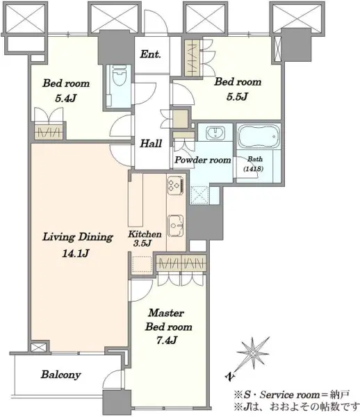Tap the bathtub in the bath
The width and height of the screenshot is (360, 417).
click(x=259, y=136)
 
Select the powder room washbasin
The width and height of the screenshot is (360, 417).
click(x=215, y=133)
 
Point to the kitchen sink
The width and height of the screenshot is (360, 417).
click(x=176, y=226)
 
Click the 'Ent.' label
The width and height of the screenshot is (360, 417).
click(x=151, y=54)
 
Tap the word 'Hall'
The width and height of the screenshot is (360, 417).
click(x=151, y=144)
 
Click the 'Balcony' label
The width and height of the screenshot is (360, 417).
click(x=61, y=375)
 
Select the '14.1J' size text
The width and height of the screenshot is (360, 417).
click(x=75, y=254)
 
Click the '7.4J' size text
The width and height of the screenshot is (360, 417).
click(x=167, y=341)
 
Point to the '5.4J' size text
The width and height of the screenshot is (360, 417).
click(x=65, y=99)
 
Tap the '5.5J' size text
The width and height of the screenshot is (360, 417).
click(x=237, y=97)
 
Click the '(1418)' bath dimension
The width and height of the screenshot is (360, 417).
click(x=254, y=169)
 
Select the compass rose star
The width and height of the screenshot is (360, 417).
click(x=253, y=354)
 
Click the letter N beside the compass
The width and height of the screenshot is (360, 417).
click(x=229, y=376)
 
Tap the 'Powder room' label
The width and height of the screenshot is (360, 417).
click(x=203, y=160)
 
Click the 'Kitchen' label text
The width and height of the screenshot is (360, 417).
click(x=145, y=234)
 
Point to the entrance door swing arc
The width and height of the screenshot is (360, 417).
click(x=155, y=22)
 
